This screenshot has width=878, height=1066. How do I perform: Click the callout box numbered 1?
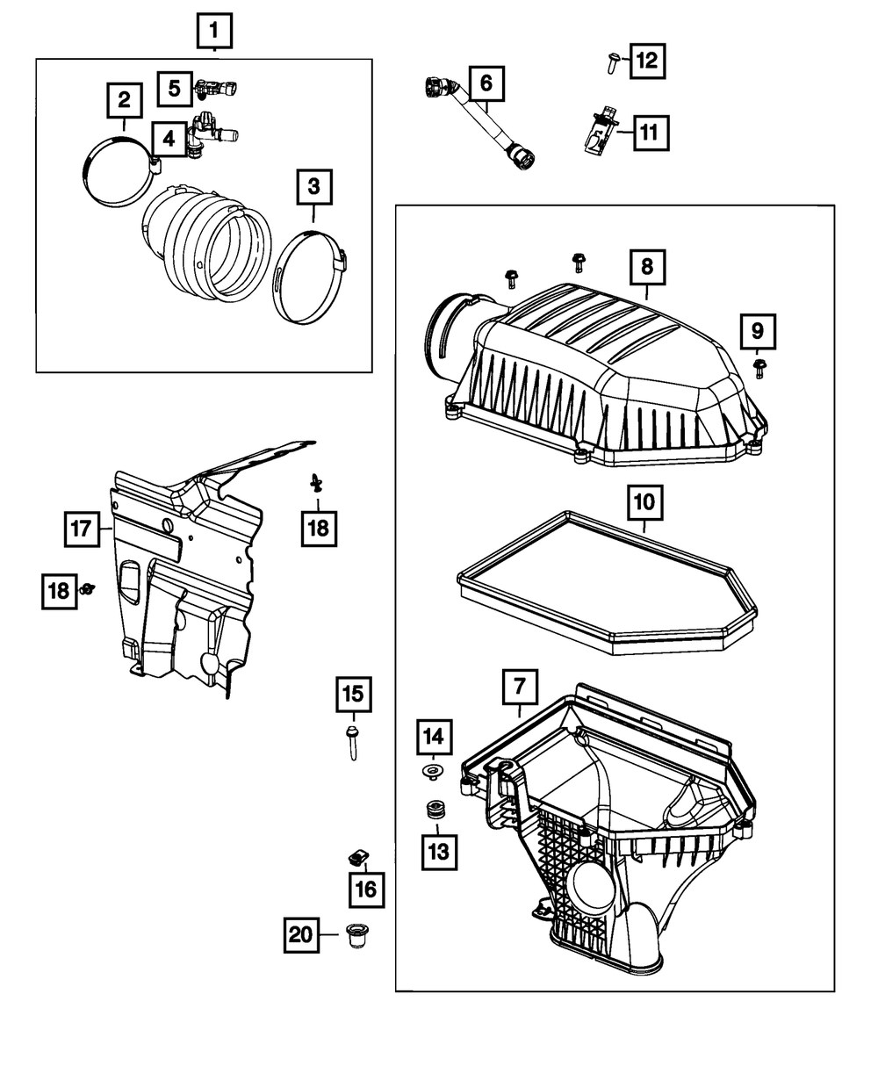[x=213, y=34]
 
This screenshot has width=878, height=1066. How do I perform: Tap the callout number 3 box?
[x=313, y=187]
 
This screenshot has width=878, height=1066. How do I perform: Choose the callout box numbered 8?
[x=646, y=265]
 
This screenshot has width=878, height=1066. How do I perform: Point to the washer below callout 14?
[x=432, y=772]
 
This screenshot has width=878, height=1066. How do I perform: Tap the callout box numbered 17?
[x=82, y=529]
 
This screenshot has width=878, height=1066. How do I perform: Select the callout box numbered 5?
[x=175, y=87]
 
